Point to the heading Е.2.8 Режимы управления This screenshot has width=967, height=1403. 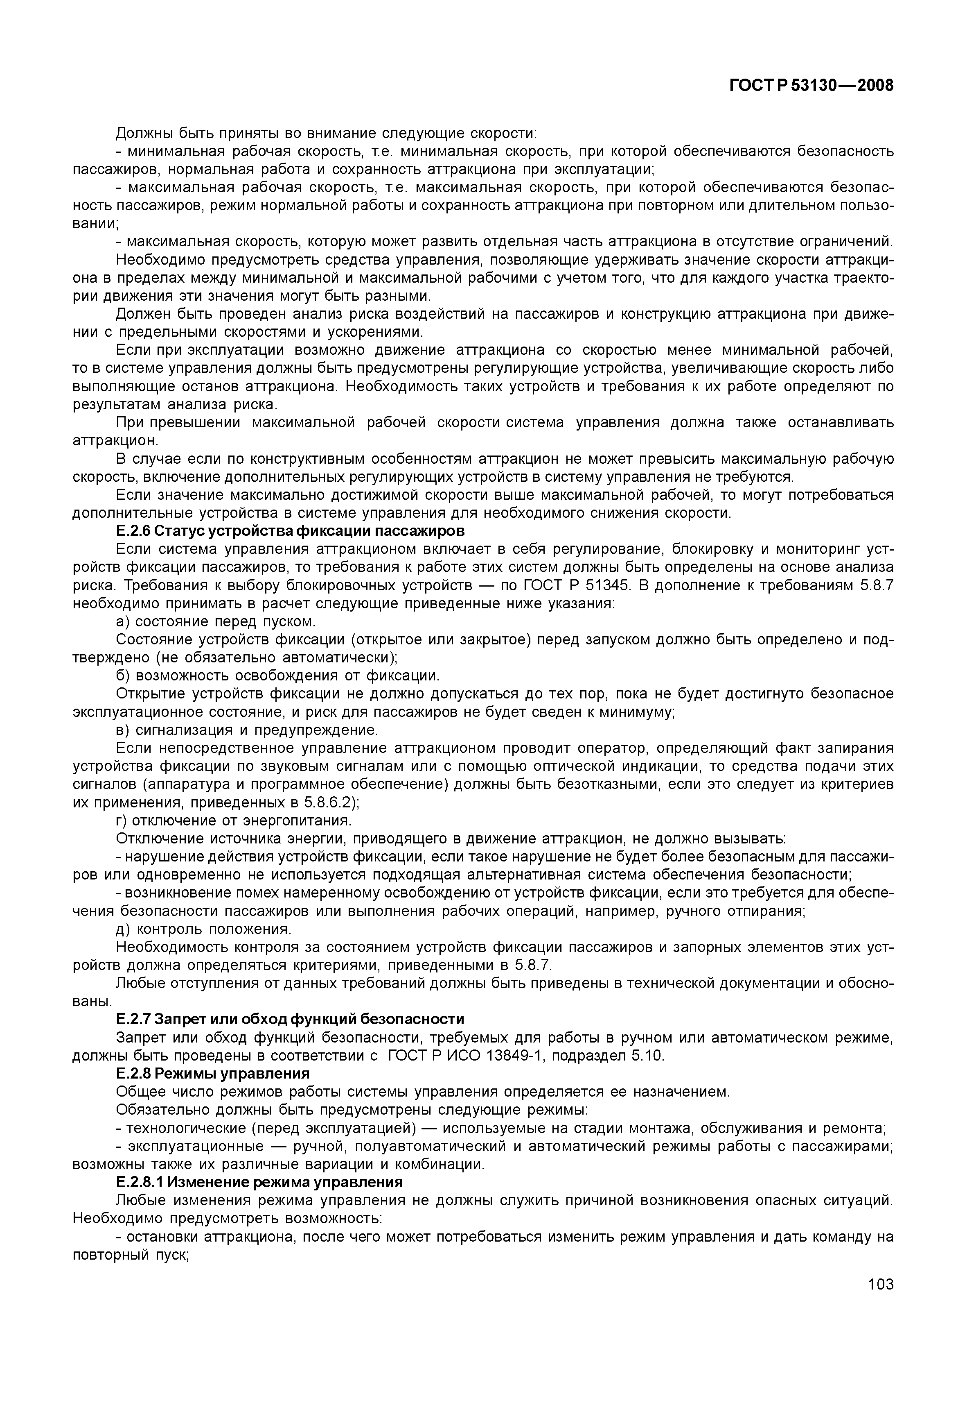tap(212, 1073)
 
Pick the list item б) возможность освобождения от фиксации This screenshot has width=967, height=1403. tap(277, 675)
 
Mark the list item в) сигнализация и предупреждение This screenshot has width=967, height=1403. tap(247, 730)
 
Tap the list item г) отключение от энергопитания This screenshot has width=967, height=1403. tap(233, 820)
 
